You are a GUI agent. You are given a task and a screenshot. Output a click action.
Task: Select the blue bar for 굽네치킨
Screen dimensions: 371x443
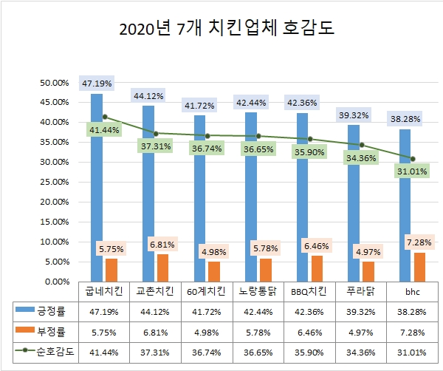(x=97, y=185)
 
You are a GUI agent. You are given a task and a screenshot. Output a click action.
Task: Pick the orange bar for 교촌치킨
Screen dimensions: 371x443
(x=163, y=267)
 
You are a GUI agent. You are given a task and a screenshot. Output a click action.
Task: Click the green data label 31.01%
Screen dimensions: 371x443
(x=405, y=172)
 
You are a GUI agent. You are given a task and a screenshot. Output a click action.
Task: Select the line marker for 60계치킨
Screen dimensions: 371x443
(x=207, y=135)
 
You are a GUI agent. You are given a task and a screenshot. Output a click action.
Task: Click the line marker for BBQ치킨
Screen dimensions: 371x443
(x=310, y=138)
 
